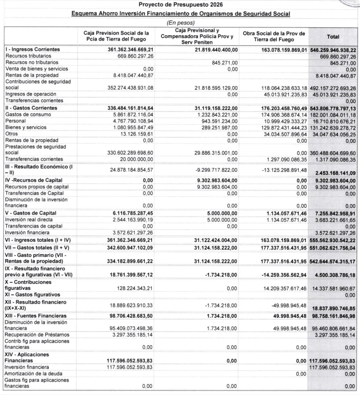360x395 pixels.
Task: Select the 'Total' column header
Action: tap(332, 36)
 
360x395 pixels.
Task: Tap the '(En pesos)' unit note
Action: tap(180, 23)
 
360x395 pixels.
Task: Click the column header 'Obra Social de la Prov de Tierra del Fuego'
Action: tap(274, 36)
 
